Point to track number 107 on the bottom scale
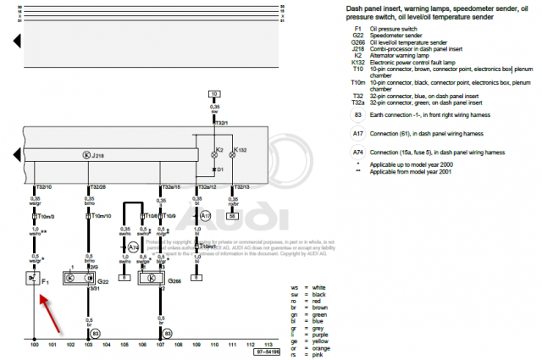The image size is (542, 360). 159,346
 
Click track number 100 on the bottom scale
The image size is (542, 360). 35,346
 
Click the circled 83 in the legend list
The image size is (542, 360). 358,114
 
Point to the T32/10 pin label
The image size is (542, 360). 44,186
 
